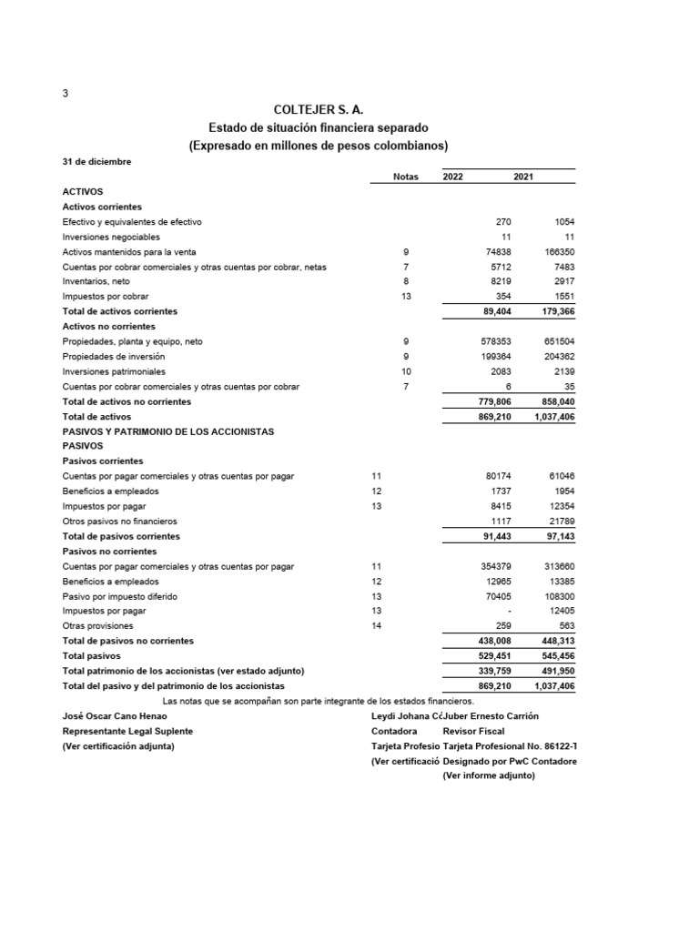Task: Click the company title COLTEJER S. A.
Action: pos(318,109)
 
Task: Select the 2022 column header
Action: pos(452,177)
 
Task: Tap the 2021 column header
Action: pos(523,177)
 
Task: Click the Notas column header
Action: pos(405,177)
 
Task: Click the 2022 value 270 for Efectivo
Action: pos(502,222)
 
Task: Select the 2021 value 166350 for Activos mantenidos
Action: pos(559,252)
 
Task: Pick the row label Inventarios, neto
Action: pos(96,282)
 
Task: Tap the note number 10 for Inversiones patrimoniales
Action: pos(406,371)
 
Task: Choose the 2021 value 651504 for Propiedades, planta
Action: pos(559,341)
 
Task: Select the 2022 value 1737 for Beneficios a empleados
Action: pos(500,491)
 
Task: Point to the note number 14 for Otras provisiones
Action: pos(377,626)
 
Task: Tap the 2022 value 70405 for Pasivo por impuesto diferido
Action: pos(497,596)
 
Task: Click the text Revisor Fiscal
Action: pos(474,731)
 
